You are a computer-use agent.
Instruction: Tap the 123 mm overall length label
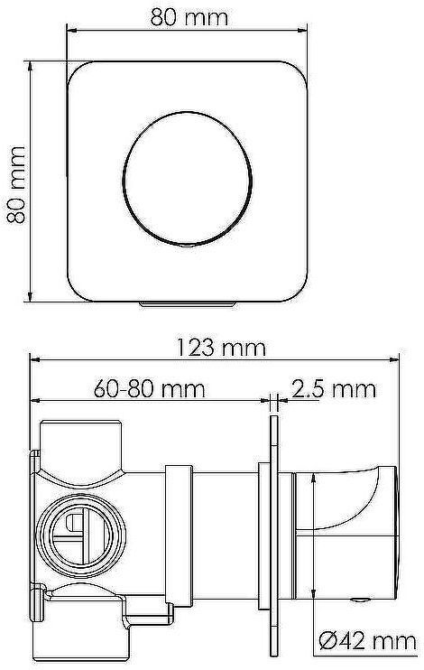(x=214, y=347)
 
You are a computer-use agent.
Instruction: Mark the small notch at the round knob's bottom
(x=187, y=243)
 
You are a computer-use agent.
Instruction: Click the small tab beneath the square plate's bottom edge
(x=188, y=307)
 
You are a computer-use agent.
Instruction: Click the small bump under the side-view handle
(x=361, y=600)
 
